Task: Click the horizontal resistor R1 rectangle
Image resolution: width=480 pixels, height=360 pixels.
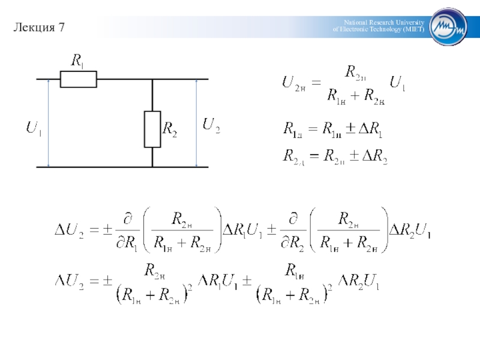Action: coord(78,79)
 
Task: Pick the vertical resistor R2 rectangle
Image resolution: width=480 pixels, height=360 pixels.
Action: coord(152,129)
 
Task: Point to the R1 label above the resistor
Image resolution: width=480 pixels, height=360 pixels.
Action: coord(78,60)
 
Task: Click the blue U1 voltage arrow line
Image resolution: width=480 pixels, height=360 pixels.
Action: coord(48,123)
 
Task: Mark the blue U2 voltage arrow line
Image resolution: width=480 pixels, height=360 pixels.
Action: coord(196,123)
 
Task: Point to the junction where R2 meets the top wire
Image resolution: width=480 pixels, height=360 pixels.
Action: coord(152,79)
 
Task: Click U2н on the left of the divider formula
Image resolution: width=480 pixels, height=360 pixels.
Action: coord(295,83)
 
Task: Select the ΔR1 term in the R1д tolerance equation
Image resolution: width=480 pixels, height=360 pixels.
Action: coord(370,128)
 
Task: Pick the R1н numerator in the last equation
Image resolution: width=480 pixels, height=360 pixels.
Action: coord(294,269)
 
